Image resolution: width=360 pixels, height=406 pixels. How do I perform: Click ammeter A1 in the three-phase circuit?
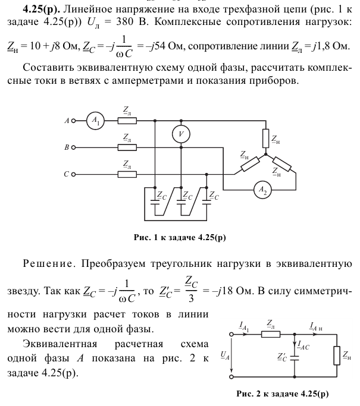(x=95, y=121)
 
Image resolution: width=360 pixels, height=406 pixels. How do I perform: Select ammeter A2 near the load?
(x=262, y=190)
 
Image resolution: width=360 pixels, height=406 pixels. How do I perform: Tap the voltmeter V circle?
(x=181, y=134)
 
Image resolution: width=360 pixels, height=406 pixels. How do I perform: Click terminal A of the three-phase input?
(x=73, y=121)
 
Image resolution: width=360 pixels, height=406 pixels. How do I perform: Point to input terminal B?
(x=73, y=147)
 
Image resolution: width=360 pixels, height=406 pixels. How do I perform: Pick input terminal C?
(x=73, y=175)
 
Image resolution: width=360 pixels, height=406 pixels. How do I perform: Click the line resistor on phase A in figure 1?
(x=127, y=121)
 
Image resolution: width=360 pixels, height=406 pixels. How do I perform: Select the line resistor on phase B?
(x=127, y=147)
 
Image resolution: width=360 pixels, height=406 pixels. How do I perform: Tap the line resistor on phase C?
(x=127, y=175)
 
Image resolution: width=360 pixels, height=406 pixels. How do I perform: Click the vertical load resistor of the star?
(x=265, y=139)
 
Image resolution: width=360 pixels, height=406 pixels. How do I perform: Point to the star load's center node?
(x=265, y=155)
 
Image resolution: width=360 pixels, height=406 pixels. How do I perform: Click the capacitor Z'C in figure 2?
(x=294, y=358)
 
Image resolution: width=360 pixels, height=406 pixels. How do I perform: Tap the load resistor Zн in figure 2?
(x=337, y=355)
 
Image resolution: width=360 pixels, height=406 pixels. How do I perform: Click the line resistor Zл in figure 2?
(x=271, y=334)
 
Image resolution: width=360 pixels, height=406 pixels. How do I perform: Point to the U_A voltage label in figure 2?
(x=225, y=355)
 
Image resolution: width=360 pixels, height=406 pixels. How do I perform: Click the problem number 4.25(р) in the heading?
(x=42, y=10)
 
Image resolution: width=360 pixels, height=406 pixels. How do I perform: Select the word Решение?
(x=48, y=264)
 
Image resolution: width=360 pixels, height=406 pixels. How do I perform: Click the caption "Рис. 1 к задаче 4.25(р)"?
(x=180, y=237)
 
